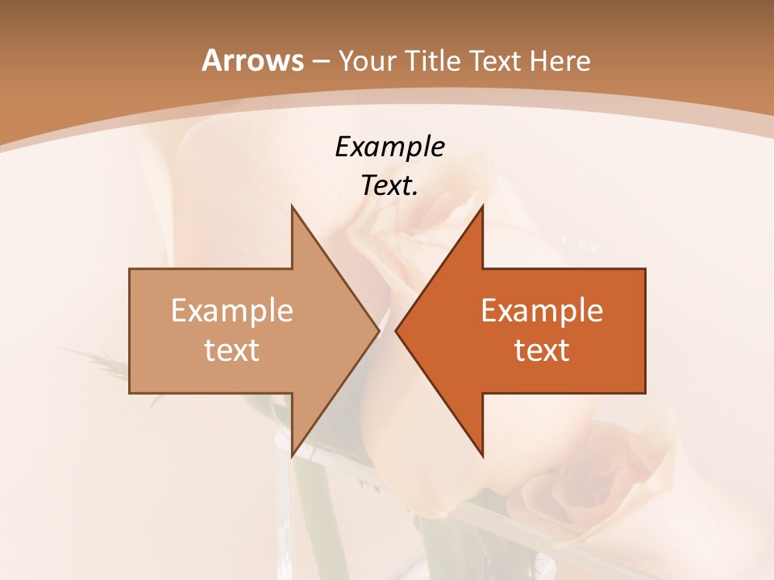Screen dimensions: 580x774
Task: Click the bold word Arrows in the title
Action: click(x=252, y=60)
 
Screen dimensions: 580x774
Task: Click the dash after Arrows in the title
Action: click(x=320, y=61)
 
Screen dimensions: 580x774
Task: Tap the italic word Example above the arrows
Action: click(x=389, y=147)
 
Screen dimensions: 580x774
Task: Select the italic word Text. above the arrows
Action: click(x=389, y=186)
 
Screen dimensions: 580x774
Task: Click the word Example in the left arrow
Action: click(x=232, y=311)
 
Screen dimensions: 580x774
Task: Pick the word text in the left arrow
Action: click(x=232, y=350)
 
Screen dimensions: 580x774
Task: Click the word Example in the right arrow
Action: click(x=542, y=311)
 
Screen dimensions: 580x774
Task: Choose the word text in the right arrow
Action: click(x=542, y=350)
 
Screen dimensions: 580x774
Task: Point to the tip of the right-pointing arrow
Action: click(x=377, y=330)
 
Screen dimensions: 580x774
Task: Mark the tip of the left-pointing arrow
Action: click(x=397, y=330)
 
